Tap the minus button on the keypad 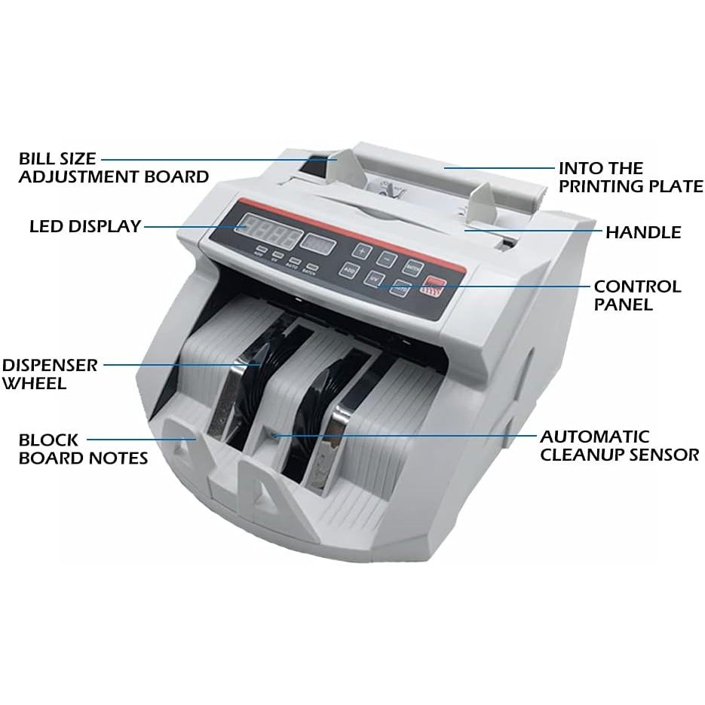pos(387,258)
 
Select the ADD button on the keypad pos(349,268)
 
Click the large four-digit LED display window pos(268,231)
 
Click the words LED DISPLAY pos(85,226)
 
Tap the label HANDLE pos(642,231)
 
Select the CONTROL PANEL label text pos(636,296)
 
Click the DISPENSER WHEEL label pos(49,374)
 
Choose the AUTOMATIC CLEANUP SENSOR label pos(620,446)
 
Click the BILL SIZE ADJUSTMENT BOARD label pos(113,168)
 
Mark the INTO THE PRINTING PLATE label pos(630,177)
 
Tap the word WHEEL pos(35,383)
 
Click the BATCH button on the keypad pos(412,266)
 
